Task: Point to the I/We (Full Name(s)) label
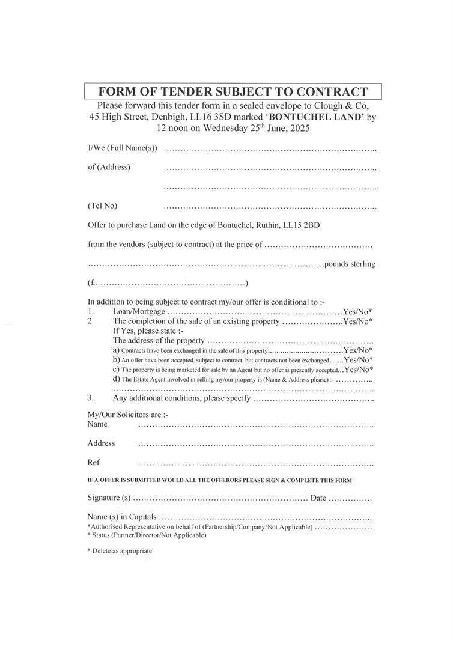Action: click(x=123, y=148)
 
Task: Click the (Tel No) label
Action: click(x=103, y=206)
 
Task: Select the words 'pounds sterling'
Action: click(x=350, y=264)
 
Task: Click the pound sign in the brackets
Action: click(x=91, y=283)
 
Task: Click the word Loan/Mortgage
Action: click(x=139, y=312)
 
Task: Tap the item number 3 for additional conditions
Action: click(x=91, y=398)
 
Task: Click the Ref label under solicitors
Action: click(x=94, y=463)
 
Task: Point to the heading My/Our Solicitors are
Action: click(x=128, y=415)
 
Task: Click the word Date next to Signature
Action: click(x=318, y=498)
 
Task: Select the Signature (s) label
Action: click(x=109, y=498)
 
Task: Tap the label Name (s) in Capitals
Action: click(x=122, y=517)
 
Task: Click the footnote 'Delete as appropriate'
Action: click(x=122, y=551)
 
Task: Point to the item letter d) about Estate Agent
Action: click(x=116, y=379)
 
